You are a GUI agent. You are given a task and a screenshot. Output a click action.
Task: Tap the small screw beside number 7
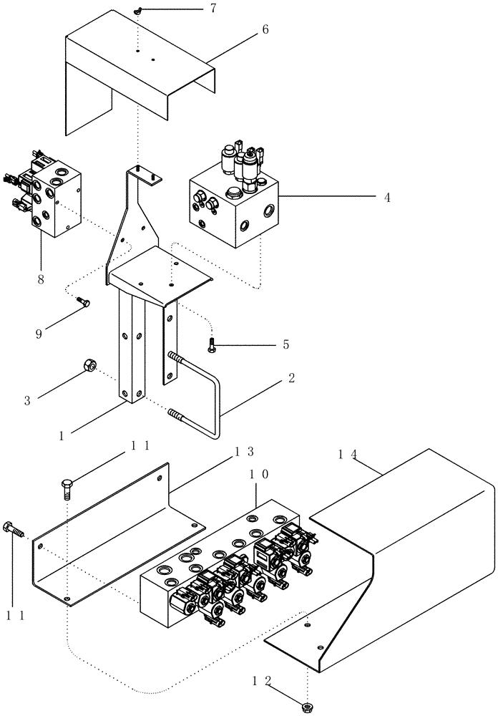coord(139,10)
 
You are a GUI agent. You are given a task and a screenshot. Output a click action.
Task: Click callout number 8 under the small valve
coord(41,278)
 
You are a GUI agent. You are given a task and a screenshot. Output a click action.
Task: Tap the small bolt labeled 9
coord(83,303)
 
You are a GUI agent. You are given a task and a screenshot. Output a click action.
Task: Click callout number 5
coord(285,344)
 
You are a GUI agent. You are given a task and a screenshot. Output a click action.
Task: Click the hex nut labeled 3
coord(88,365)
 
